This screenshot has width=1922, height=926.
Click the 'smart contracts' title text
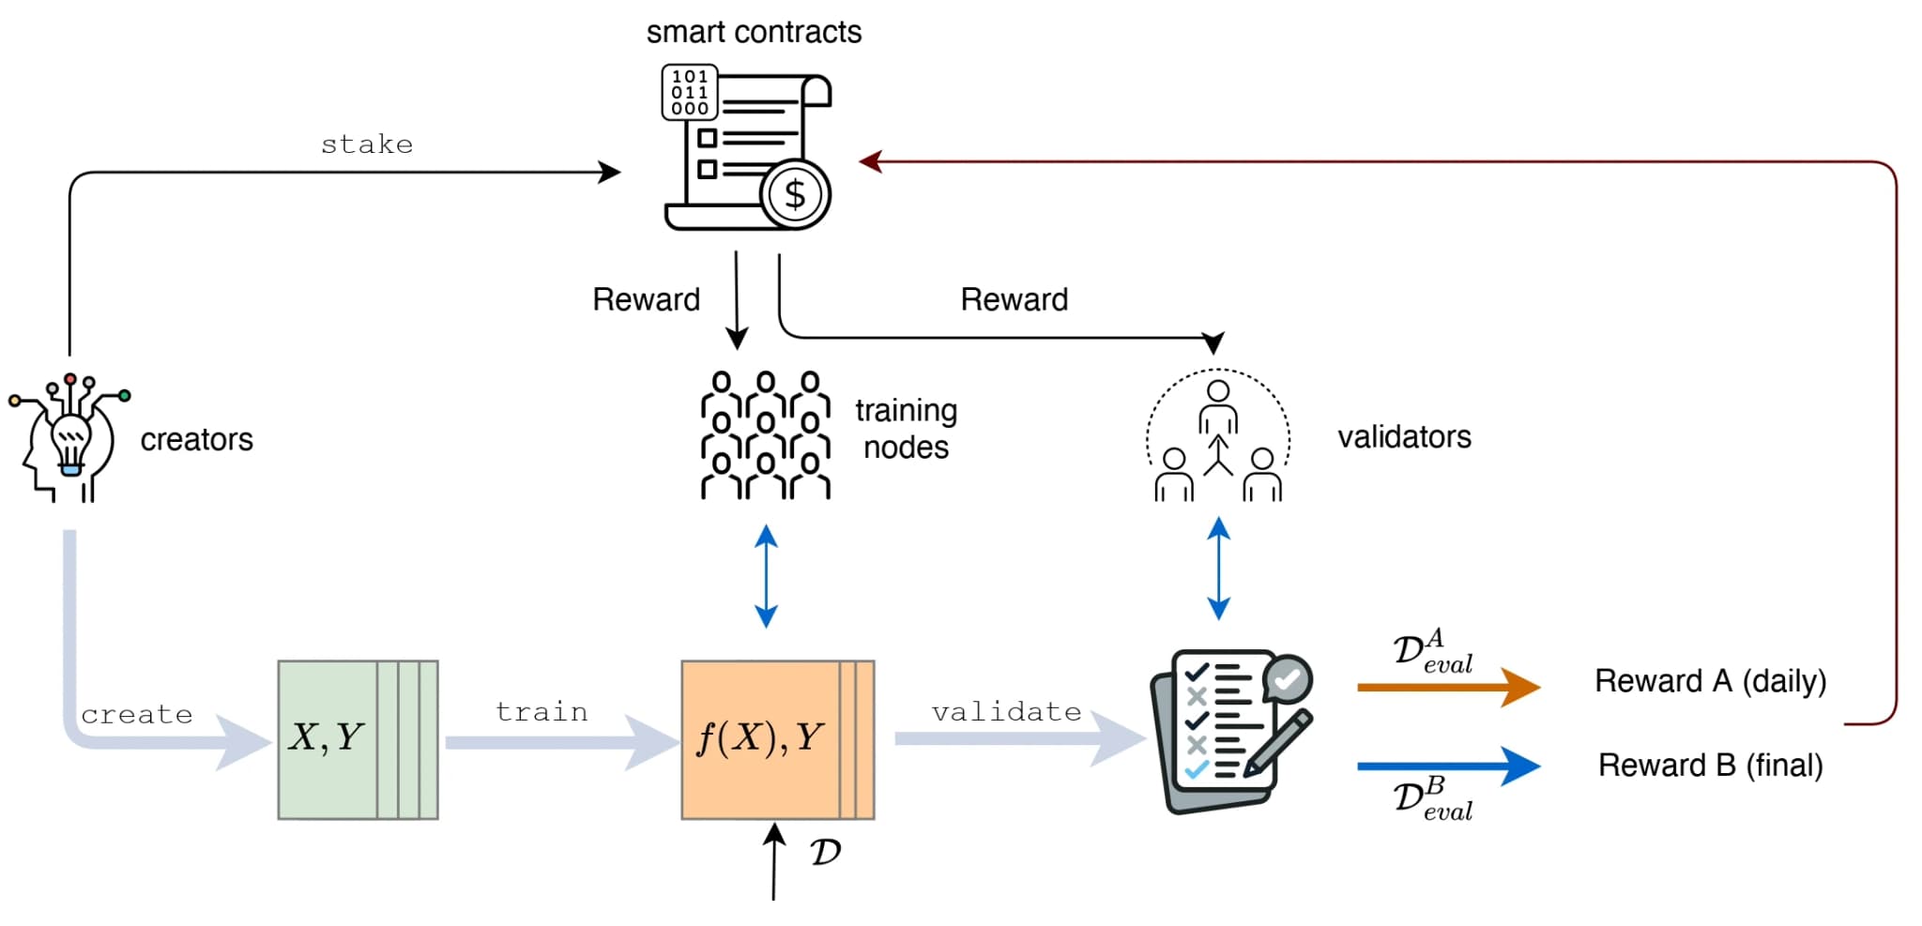(754, 32)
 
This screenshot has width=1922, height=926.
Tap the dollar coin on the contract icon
(795, 195)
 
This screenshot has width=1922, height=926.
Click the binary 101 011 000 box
(690, 92)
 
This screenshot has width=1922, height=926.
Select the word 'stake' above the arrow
(367, 144)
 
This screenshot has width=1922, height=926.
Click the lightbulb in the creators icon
(71, 442)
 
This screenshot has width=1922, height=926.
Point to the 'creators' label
(196, 439)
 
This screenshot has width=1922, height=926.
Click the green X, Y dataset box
(357, 739)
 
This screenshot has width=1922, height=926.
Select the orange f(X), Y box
(776, 739)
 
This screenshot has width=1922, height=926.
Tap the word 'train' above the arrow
(542, 712)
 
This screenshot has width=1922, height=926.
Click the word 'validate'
(1006, 712)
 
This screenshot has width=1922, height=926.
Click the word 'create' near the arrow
(137, 715)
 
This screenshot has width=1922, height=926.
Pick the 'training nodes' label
(906, 429)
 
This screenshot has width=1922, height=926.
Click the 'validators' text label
(1404, 437)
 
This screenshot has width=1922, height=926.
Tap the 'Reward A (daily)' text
(1710, 681)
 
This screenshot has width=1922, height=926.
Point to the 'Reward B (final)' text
(1710, 766)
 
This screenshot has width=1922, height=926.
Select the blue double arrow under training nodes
(766, 576)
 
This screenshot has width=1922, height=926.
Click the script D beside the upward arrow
(825, 853)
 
